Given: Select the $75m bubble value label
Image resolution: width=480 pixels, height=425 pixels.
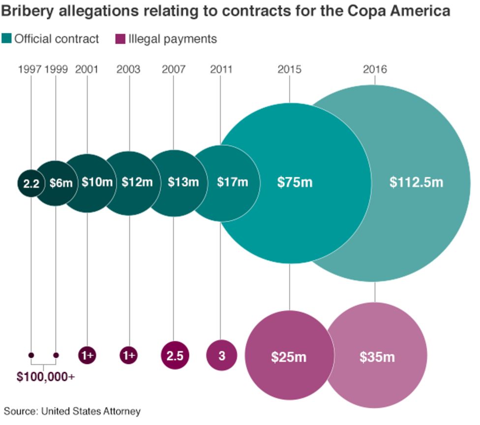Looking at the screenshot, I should click(295, 182).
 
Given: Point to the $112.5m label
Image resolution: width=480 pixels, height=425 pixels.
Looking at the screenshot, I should click(416, 182).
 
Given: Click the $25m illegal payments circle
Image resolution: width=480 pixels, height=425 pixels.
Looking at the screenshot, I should click(289, 356).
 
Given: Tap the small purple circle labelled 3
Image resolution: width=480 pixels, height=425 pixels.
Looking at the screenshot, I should click(221, 355).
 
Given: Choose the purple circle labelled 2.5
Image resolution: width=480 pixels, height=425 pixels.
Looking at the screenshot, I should click(175, 355).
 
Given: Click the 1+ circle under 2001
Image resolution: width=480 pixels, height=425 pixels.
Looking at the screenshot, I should click(87, 355).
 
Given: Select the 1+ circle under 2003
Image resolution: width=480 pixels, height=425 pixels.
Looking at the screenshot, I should click(129, 355).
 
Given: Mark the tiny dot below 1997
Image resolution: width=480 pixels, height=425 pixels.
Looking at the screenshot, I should click(31, 355).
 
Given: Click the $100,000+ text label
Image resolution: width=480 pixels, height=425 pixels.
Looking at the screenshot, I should click(45, 377).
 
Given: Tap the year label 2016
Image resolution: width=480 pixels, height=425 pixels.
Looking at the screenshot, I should click(375, 69).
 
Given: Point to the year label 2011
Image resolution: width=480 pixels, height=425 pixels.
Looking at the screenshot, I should click(221, 69).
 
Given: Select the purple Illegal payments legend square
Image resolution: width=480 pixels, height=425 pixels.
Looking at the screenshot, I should click(120, 39).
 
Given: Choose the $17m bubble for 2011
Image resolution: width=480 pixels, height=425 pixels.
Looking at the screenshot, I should click(232, 182).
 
